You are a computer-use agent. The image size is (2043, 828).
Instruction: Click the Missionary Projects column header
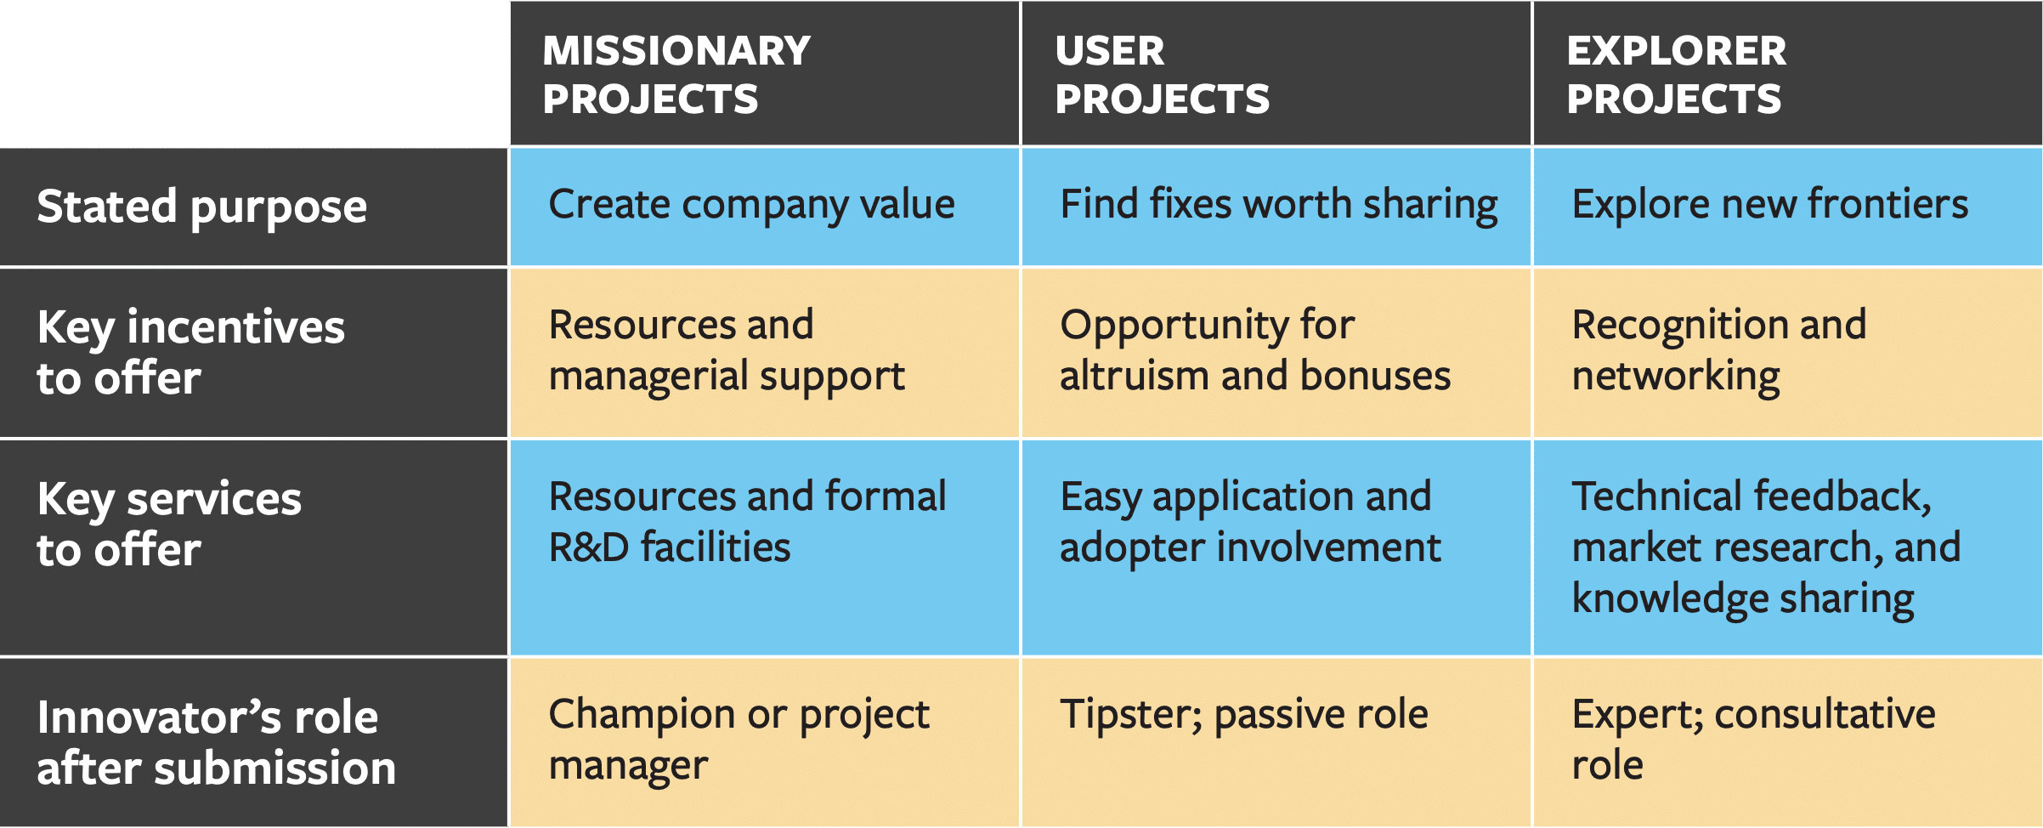coord(676,75)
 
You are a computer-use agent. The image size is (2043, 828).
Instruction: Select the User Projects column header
coord(1162,75)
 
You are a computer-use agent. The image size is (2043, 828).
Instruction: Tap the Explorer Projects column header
coord(1676,75)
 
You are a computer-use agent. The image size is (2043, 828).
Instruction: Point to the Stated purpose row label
coord(202,207)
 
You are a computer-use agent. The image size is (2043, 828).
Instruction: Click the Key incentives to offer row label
coord(190,352)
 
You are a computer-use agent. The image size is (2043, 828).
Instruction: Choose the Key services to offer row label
coord(169,523)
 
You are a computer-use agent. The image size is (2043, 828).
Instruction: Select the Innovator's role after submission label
coord(216,742)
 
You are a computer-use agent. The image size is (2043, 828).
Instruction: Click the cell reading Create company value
coord(751,205)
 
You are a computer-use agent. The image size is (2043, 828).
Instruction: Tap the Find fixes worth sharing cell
coord(1278,205)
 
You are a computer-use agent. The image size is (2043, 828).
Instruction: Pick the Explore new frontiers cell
coord(1769,205)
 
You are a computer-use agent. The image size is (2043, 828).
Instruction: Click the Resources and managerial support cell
coord(727,350)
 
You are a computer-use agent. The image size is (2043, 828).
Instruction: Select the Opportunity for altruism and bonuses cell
coord(1254,350)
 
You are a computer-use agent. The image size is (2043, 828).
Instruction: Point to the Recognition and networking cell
coord(1718,350)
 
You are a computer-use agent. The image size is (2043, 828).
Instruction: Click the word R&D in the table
coord(589,547)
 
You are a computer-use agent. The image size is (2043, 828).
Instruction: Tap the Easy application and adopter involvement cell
coord(1249,522)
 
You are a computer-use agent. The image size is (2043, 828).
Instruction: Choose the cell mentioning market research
coord(1766,547)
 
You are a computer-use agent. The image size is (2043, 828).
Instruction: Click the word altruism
coord(1134,376)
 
